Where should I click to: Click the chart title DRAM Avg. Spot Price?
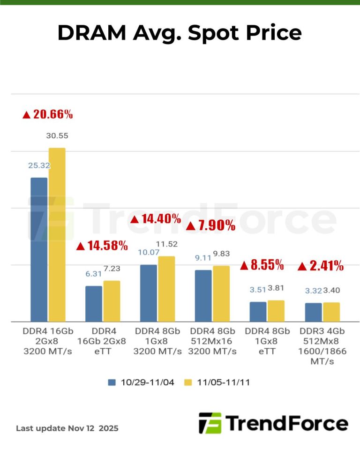pos(180,33)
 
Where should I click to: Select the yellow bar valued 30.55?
pos(57,234)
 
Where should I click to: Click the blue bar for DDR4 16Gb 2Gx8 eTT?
pos(94,304)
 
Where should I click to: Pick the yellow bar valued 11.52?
pos(166,289)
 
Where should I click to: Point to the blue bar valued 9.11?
pos(203,296)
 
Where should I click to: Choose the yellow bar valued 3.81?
pos(276,311)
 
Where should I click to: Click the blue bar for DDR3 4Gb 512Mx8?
pos(313,312)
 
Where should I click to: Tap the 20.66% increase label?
pos(47,114)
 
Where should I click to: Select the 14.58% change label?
pos(102,245)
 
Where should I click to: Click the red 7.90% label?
pos(210,225)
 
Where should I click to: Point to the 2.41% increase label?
pos(321,266)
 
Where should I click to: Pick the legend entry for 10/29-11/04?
pos(141,382)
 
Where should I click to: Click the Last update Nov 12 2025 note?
pos(67,428)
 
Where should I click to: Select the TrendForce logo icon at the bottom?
pos(210,423)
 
